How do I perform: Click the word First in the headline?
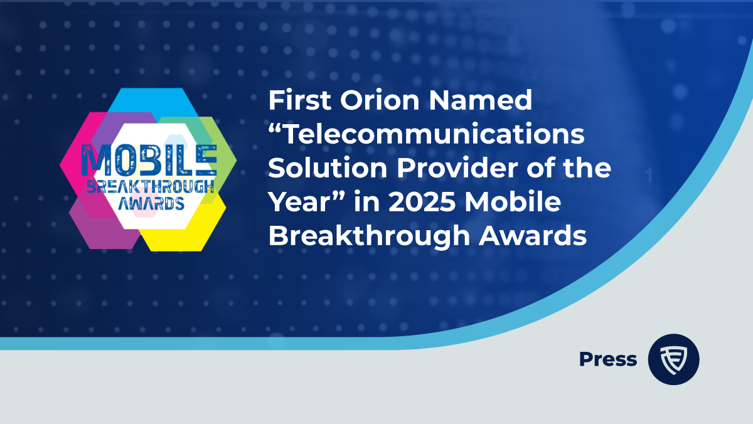[x=302, y=101]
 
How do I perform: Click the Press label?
[x=607, y=359]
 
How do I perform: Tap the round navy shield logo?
[x=674, y=359]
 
